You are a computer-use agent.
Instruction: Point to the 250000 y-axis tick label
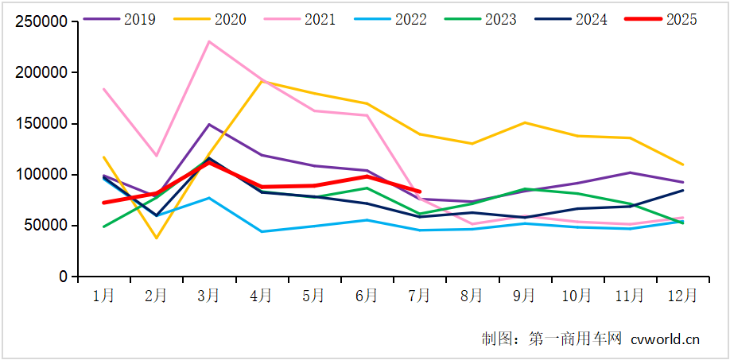click(42, 21)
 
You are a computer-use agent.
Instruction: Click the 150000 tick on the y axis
click(42, 124)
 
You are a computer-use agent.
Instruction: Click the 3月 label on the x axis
click(208, 296)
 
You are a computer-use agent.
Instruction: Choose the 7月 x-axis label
click(419, 296)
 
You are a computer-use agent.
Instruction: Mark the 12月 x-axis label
click(681, 296)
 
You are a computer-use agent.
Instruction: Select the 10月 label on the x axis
click(577, 296)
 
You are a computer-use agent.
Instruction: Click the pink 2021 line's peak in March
click(208, 41)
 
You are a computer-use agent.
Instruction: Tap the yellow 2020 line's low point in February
click(156, 238)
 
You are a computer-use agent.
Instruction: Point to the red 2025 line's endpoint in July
click(419, 192)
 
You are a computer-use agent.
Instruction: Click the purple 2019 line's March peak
click(208, 124)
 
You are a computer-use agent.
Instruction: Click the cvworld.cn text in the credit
click(666, 339)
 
